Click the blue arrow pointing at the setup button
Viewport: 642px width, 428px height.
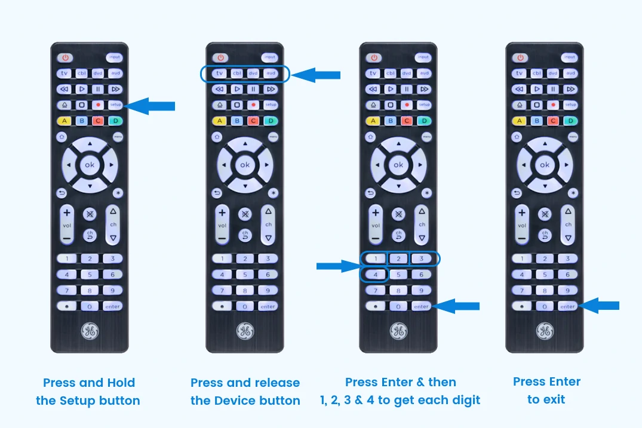tap(152, 106)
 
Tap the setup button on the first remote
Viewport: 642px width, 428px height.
tap(115, 104)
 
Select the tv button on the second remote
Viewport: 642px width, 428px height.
tap(220, 73)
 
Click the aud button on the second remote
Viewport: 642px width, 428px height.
tap(271, 73)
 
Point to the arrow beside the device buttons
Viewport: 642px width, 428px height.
tap(317, 75)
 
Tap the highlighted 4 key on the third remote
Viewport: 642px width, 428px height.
tap(374, 275)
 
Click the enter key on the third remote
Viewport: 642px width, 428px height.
tap(422, 306)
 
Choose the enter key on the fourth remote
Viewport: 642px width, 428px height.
tap(567, 306)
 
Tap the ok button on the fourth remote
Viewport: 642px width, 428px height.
tap(544, 164)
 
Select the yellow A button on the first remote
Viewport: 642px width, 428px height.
tap(64, 121)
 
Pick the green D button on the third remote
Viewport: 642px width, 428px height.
tap(424, 121)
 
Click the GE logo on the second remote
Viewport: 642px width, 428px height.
tap(244, 331)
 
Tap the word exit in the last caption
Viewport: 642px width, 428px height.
tap(554, 399)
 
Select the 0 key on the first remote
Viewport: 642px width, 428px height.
tap(90, 306)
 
